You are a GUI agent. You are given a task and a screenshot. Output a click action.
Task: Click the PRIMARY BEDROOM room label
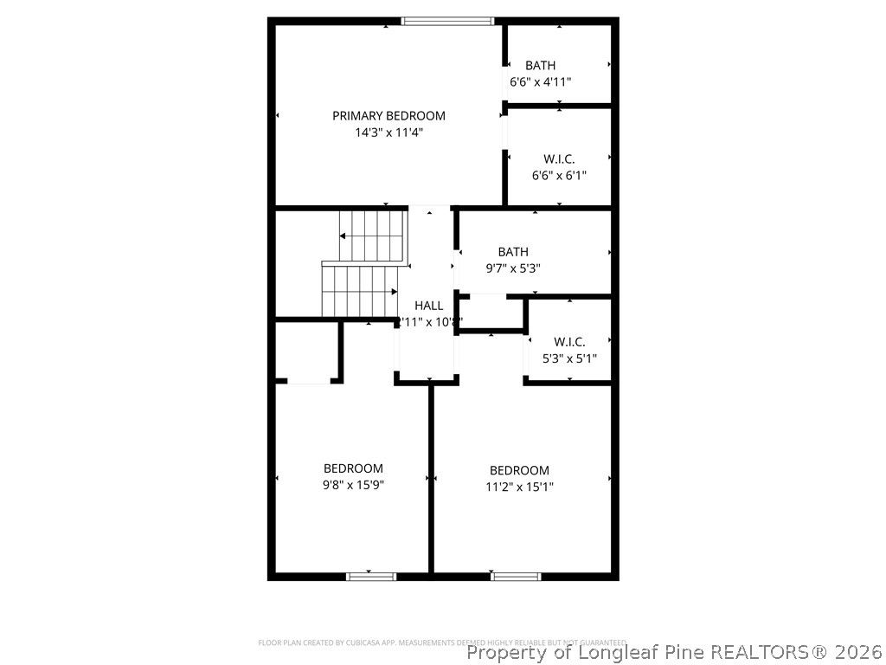click(x=388, y=116)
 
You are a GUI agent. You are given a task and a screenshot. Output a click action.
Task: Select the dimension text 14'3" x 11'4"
click(x=388, y=132)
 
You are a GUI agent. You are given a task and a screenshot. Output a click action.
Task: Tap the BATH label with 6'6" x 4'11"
click(x=540, y=66)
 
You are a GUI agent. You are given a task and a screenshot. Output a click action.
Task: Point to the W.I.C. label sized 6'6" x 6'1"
click(x=559, y=159)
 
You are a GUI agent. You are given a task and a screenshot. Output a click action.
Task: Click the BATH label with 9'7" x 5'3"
click(x=513, y=252)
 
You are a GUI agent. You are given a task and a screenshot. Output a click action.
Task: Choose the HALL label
click(x=429, y=306)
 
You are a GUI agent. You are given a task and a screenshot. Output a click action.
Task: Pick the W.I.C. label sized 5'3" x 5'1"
click(x=569, y=342)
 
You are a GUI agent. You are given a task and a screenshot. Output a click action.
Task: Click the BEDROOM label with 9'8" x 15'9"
click(x=353, y=468)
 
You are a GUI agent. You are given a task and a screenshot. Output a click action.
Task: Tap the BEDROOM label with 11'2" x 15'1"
click(x=519, y=470)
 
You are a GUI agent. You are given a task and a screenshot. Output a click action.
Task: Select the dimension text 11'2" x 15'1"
click(x=519, y=487)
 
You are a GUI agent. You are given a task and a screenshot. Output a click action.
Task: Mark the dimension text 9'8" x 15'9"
click(x=353, y=485)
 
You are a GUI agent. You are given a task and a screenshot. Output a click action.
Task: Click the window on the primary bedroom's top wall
click(x=447, y=21)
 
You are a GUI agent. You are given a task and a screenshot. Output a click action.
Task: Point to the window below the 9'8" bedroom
click(x=371, y=576)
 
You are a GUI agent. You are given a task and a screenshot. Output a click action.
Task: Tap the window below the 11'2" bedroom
click(x=516, y=576)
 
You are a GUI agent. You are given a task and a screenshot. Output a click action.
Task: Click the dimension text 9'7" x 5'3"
click(x=513, y=268)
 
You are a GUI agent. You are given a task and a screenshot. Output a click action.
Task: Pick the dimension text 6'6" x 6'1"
click(x=559, y=176)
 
